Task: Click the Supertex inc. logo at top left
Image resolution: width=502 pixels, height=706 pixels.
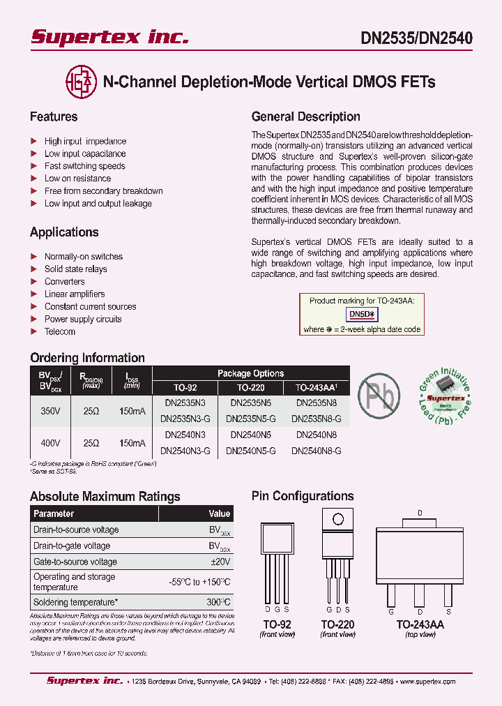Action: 109,37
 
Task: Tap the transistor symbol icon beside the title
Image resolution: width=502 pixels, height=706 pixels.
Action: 80,82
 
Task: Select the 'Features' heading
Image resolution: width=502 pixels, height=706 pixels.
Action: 54,117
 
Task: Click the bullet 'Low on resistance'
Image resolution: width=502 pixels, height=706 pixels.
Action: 77,179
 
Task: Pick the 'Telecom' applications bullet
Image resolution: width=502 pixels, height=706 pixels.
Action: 60,331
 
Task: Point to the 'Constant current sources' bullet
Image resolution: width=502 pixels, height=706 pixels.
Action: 90,306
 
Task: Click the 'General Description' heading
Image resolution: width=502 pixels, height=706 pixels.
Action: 305,117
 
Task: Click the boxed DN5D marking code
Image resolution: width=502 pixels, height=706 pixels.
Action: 361,315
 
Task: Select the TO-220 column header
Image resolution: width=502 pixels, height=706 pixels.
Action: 251,387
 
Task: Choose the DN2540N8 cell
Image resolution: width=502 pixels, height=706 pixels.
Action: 316,435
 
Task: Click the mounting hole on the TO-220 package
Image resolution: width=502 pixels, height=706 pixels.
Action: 337,519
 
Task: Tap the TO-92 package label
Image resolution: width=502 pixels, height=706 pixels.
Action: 277,624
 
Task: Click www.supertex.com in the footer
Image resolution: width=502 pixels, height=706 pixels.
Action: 425,682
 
